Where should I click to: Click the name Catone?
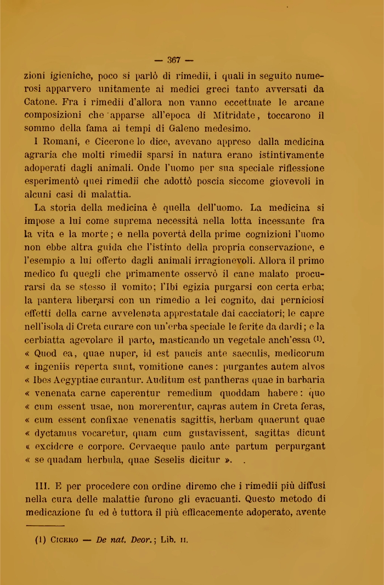pos(43,102)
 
